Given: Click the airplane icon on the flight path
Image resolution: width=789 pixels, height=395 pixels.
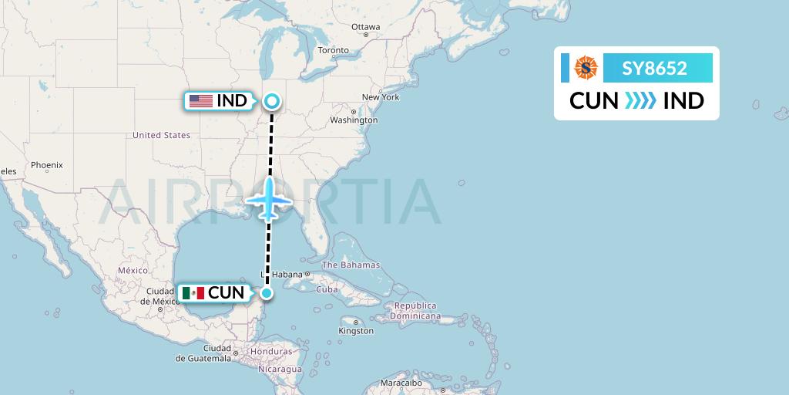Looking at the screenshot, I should click(269, 200).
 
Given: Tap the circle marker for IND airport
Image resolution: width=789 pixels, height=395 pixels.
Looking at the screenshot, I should click(272, 100).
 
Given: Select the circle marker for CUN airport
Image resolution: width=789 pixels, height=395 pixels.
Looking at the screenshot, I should click(267, 292).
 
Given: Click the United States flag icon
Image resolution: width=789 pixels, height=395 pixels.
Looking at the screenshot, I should click(201, 101).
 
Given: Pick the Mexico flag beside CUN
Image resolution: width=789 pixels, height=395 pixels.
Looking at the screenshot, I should click(193, 293).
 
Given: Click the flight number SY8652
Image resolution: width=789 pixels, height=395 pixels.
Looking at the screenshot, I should click(655, 68).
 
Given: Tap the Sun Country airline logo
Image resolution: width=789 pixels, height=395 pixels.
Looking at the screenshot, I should click(586, 68).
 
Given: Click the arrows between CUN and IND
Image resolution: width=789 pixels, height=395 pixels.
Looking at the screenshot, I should click(640, 101).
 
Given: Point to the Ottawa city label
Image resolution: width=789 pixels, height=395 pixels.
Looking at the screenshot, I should click(365, 27).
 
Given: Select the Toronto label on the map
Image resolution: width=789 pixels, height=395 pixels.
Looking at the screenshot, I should click(334, 50).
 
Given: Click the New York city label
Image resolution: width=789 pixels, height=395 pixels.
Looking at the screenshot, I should click(381, 97).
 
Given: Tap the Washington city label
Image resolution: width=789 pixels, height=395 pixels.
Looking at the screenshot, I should click(354, 120).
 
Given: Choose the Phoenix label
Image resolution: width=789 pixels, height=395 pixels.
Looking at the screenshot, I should click(47, 165).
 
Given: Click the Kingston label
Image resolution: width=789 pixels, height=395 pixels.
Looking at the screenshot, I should click(356, 331).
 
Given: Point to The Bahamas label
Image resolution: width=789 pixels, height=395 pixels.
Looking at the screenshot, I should click(351, 265).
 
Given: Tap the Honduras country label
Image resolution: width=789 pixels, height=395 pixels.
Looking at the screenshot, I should click(272, 352).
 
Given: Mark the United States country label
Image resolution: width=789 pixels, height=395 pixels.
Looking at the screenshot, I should click(161, 135).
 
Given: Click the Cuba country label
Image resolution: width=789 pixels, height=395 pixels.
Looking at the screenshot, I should click(327, 289).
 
